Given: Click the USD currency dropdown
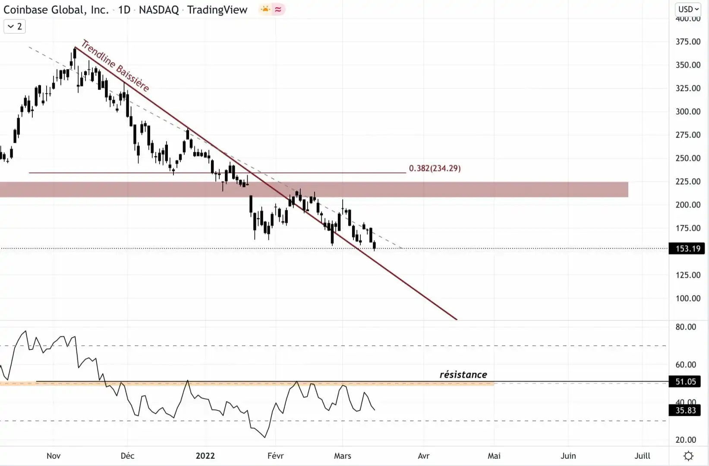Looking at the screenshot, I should click(x=688, y=9).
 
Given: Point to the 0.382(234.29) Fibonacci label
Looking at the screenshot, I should click(x=435, y=168).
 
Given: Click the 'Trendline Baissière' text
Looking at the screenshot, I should click(x=115, y=66).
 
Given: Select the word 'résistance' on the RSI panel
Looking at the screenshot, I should click(x=463, y=375).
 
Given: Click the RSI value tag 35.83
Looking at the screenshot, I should click(x=685, y=410).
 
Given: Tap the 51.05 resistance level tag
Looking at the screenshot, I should click(x=685, y=381).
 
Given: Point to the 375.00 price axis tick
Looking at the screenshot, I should click(x=688, y=41).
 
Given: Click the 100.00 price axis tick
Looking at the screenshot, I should click(x=688, y=298).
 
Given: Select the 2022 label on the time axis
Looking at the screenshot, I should click(x=205, y=456).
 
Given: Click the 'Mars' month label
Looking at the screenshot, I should click(x=343, y=456).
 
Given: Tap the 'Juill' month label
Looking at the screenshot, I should click(x=642, y=456).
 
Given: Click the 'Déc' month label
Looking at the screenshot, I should click(x=128, y=456).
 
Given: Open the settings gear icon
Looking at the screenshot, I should click(x=689, y=456).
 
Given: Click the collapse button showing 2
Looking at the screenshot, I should click(x=15, y=26).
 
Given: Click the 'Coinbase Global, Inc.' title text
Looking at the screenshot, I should click(x=56, y=9).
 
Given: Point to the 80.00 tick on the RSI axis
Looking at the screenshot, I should click(x=686, y=327).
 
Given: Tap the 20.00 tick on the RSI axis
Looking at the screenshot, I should click(x=686, y=440).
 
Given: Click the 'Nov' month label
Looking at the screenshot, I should click(x=54, y=456).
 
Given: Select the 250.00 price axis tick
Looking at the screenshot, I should click(x=688, y=158).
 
